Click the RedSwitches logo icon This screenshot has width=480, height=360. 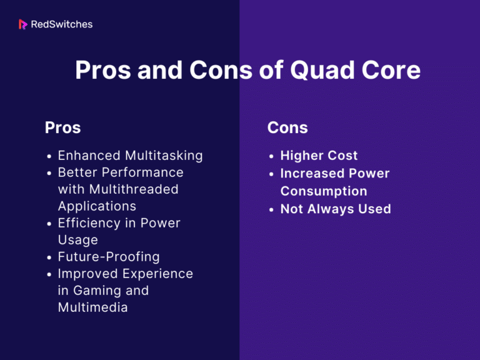(x=23, y=24)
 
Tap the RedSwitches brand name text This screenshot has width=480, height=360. (x=61, y=24)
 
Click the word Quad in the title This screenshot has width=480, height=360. (x=316, y=70)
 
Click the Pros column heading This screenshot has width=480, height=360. (x=62, y=127)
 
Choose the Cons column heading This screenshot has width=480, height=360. (x=287, y=127)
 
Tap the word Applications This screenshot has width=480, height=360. (x=97, y=206)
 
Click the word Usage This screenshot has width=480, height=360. (x=78, y=240)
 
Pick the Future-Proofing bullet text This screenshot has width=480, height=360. (x=109, y=257)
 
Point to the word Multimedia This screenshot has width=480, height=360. (x=93, y=307)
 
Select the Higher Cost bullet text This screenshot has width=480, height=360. (x=319, y=155)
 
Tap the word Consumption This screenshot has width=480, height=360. (x=324, y=191)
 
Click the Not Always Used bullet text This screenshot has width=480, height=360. (x=336, y=209)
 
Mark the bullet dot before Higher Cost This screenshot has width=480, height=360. (x=272, y=156)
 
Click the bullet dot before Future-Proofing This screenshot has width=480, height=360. (x=49, y=257)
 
